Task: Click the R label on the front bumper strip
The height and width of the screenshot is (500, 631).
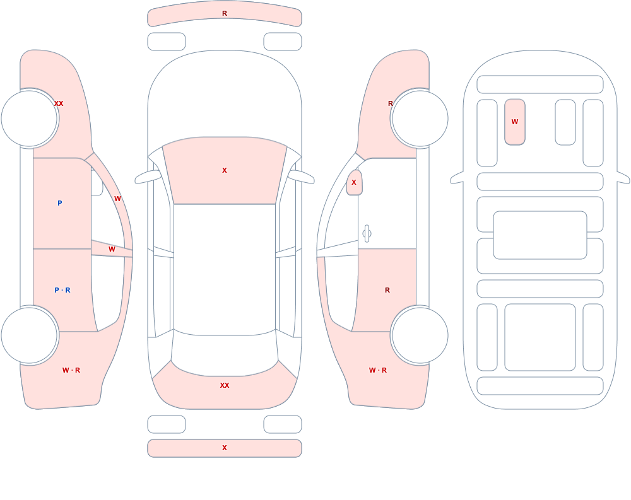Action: point(225,13)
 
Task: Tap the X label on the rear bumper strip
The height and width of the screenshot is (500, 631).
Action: point(225,448)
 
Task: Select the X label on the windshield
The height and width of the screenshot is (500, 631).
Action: point(225,170)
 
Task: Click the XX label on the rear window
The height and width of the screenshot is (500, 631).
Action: point(225,385)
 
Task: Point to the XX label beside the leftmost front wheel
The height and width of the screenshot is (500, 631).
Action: point(59,103)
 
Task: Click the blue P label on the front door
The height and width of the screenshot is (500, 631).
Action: point(59,203)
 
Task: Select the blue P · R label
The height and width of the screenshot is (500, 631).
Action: point(62,290)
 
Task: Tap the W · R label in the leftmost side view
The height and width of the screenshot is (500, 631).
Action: point(71,370)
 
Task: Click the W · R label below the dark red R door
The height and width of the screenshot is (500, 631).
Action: point(378,370)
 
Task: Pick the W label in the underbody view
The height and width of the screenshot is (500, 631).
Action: point(515,122)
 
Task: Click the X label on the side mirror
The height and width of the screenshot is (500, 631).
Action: point(354,182)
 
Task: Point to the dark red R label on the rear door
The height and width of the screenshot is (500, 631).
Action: point(387,290)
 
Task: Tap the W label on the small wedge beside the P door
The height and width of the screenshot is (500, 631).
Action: point(112,250)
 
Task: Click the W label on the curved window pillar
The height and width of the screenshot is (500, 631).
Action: point(117,199)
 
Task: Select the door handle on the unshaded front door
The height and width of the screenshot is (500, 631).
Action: point(367,234)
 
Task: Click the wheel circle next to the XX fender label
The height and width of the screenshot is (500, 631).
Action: point(30,119)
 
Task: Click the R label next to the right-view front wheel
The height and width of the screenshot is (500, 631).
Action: point(390,103)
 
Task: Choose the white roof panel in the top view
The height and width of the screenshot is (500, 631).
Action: point(225,269)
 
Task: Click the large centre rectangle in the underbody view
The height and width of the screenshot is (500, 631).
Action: point(540,235)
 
